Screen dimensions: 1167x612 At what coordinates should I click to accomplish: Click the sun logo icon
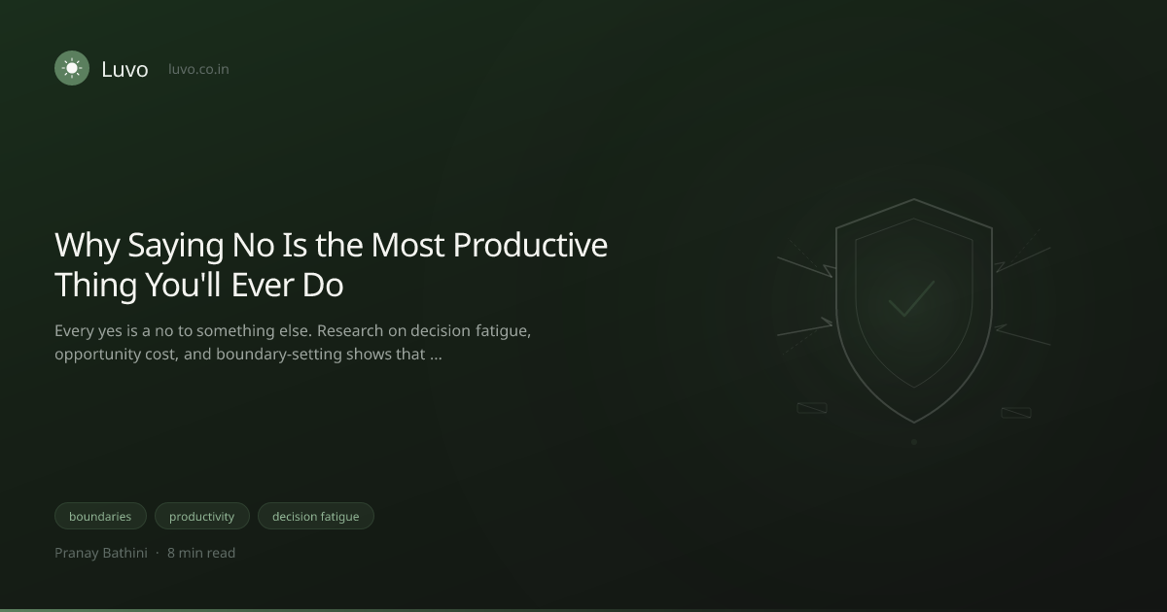pyautogui.click(x=72, y=68)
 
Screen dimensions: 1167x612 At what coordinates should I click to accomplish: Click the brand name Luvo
pyautogui.click(x=125, y=69)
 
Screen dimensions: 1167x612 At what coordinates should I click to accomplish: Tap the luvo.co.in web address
pyautogui.click(x=198, y=69)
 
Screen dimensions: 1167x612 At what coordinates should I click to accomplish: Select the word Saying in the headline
pyautogui.click(x=176, y=246)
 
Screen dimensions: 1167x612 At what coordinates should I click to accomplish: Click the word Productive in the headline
pyautogui.click(x=530, y=245)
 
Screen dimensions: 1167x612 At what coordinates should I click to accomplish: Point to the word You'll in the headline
pyautogui.click(x=184, y=286)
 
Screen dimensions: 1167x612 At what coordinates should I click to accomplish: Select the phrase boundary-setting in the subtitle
pyautogui.click(x=279, y=355)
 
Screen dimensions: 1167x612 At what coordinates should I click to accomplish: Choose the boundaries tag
pyautogui.click(x=100, y=516)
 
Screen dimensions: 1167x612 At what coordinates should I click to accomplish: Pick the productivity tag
pyautogui.click(x=202, y=516)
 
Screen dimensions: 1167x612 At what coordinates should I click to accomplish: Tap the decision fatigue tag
pyautogui.click(x=316, y=516)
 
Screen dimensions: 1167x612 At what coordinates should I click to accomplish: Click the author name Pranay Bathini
pyautogui.click(x=101, y=553)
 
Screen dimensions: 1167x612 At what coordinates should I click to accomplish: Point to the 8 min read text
pyautogui.click(x=201, y=553)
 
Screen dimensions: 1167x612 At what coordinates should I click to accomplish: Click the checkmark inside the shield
pyautogui.click(x=912, y=299)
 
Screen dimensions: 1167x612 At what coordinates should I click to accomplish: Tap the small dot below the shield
pyautogui.click(x=914, y=442)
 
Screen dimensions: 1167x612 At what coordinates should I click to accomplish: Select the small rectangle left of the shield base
pyautogui.click(x=812, y=408)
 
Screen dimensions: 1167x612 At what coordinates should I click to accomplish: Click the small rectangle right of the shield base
pyautogui.click(x=1016, y=413)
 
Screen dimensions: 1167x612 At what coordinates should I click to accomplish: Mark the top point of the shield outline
pyautogui.click(x=914, y=199)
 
